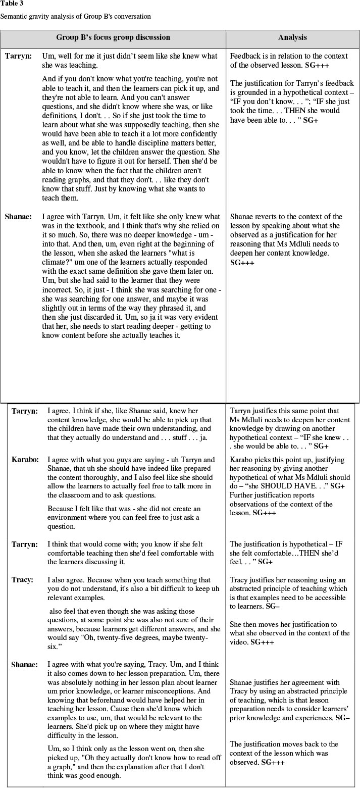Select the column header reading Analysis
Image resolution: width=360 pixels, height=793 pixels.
pos(292,37)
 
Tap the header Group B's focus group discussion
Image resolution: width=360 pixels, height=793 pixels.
pos(113,37)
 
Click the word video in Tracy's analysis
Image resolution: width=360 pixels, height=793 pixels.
pos(242,642)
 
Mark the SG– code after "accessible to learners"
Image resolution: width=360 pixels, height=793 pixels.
pos(273,606)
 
